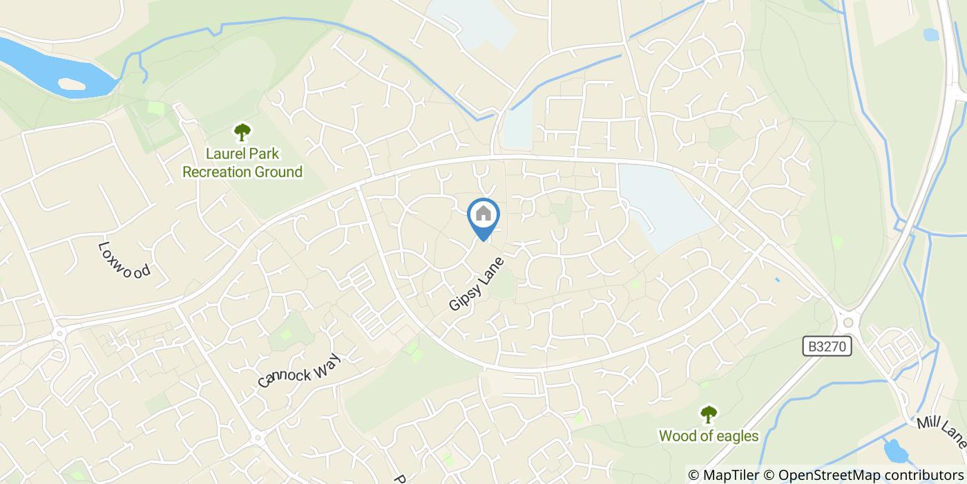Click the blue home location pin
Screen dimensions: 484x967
[483, 218]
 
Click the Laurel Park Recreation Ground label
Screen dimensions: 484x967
[242, 162]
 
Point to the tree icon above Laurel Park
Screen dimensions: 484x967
[242, 131]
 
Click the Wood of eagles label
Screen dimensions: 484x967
[709, 436]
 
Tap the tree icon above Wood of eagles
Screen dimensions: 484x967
[709, 414]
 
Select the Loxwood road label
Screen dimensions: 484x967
[124, 260]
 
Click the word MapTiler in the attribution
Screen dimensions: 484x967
[730, 475]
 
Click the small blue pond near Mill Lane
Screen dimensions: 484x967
[896, 451]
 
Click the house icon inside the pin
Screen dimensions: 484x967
[483, 214]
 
